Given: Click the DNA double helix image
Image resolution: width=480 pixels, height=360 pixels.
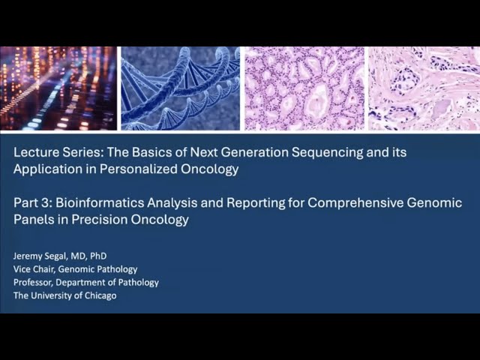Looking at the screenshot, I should (180, 88).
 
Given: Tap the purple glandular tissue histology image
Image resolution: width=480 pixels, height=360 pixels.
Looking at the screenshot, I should (304, 88).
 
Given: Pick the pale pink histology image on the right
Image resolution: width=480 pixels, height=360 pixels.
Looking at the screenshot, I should (423, 88).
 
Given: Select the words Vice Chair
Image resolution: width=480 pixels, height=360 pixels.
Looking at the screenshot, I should (34, 269).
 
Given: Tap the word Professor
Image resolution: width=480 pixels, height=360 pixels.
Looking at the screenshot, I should (35, 282).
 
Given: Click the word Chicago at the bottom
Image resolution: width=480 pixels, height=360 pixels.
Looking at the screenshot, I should (99, 295).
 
